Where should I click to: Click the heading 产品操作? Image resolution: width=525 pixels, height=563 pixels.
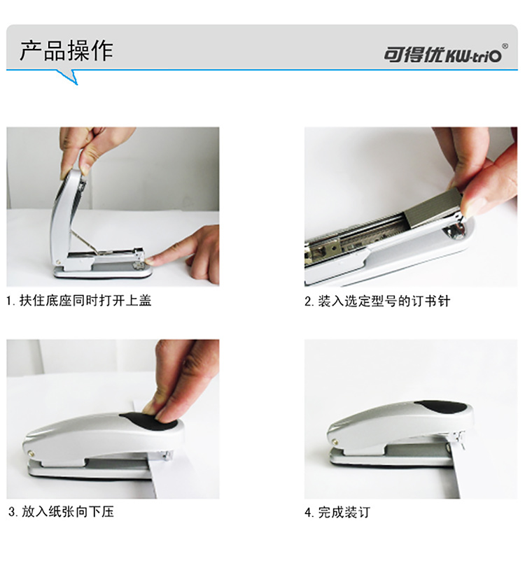tap(66, 50)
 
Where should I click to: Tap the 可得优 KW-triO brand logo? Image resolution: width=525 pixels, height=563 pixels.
tap(442, 55)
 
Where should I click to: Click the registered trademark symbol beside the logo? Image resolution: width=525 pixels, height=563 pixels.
tap(505, 46)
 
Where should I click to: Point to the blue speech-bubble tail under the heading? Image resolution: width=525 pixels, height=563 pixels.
tap(69, 77)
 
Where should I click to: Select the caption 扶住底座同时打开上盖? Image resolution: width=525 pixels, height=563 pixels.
tap(85, 301)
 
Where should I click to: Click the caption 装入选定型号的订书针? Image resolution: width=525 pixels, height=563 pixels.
tap(384, 301)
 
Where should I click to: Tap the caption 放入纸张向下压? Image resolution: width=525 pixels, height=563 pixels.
tap(68, 512)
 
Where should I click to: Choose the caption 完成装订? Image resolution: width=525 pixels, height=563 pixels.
tap(344, 512)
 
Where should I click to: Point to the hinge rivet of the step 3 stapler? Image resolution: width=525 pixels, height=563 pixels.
tap(31, 453)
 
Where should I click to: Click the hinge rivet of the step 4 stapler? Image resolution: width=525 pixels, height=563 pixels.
tap(335, 442)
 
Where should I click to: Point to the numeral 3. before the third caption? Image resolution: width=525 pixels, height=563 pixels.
tap(13, 512)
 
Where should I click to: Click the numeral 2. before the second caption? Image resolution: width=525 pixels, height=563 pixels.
tap(309, 301)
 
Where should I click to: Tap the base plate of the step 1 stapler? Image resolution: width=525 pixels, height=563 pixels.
tap(102, 271)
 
